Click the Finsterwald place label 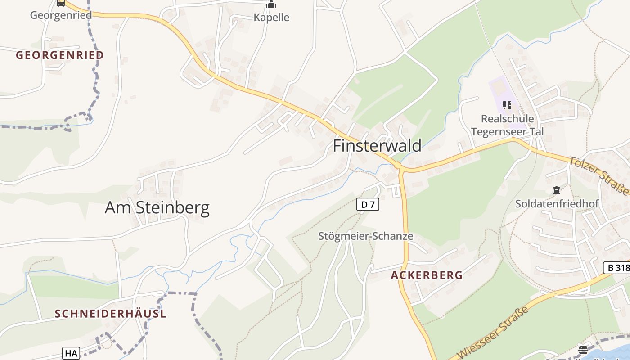(x=377, y=146)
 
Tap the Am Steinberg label (x=157, y=207)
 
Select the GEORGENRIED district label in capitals (x=60, y=55)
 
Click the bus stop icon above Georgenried (x=61, y=3)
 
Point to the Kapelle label (x=271, y=18)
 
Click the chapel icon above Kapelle (x=271, y=5)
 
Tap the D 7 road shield (x=368, y=205)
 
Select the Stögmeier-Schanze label (x=365, y=236)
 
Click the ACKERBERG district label (x=427, y=275)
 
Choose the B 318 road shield (x=616, y=268)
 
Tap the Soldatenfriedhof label (x=557, y=204)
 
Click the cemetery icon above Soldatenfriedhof (x=557, y=190)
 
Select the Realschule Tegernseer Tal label (x=507, y=125)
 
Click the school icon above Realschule (x=507, y=105)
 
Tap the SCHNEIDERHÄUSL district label (x=110, y=314)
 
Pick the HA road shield (x=71, y=353)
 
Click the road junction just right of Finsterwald (x=401, y=170)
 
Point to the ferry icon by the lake (x=583, y=350)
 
